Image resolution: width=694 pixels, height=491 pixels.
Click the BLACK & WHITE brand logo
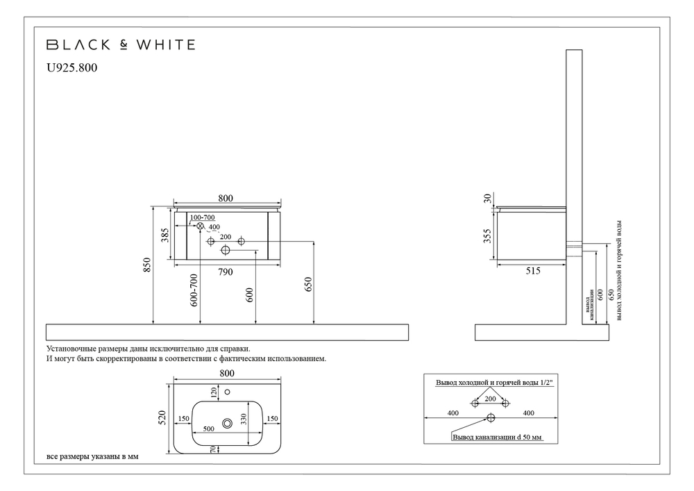point(120,45)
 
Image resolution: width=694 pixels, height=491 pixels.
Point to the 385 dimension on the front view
point(166,237)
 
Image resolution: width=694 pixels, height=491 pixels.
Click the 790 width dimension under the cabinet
point(225,272)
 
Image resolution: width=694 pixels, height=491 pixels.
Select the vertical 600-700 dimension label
point(194,290)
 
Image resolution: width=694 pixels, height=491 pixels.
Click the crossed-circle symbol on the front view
point(200,226)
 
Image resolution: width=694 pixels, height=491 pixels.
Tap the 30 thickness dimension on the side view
point(488,199)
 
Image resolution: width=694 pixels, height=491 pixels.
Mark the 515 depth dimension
point(532,271)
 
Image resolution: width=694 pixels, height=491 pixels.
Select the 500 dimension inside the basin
point(208,428)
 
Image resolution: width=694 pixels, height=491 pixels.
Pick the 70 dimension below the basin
point(214,449)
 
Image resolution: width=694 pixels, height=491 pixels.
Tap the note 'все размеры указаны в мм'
point(87,458)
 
